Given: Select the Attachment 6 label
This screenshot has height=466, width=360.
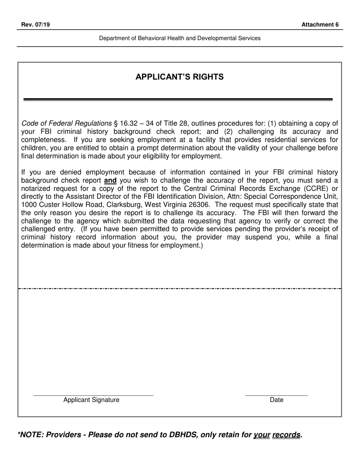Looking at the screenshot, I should [x=320, y=25].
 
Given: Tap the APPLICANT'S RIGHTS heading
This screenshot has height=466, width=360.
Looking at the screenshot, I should [x=180, y=77].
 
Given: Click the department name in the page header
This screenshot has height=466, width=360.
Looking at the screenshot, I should [x=180, y=38].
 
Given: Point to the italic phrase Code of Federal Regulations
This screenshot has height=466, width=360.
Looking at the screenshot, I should [x=67, y=124].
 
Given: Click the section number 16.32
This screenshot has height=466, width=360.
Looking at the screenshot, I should [x=128, y=124].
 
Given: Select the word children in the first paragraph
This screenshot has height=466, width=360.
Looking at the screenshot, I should [x=34, y=148].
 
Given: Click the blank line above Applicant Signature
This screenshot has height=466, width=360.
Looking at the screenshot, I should [x=93, y=395].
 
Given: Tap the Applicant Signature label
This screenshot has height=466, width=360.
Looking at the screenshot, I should [x=91, y=400].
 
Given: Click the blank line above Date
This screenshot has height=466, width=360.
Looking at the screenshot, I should [x=276, y=395].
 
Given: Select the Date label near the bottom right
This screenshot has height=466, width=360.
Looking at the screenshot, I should [x=276, y=400].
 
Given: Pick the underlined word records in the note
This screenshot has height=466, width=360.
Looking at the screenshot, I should [x=286, y=435].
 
